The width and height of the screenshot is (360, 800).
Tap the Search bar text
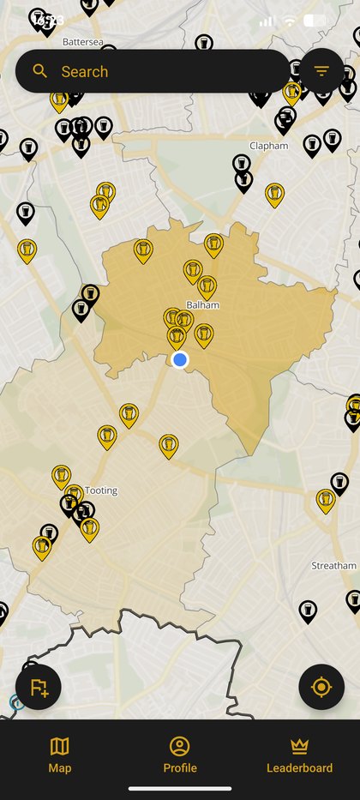[84, 72]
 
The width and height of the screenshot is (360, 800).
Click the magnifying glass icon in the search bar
[40, 71]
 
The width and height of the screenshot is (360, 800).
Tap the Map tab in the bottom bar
[60, 755]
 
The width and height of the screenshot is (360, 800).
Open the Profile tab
[180, 755]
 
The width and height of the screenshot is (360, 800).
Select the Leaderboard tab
[299, 755]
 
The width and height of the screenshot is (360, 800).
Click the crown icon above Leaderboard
[299, 746]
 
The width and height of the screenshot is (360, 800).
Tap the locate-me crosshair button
[321, 687]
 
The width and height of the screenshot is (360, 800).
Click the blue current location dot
[180, 359]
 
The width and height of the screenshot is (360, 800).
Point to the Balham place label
[203, 304]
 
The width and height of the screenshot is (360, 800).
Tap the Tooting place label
[101, 490]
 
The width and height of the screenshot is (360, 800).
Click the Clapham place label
[268, 146]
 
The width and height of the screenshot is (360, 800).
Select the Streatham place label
[333, 566]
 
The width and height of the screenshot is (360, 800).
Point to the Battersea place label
[83, 40]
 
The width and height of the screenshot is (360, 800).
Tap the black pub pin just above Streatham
[339, 484]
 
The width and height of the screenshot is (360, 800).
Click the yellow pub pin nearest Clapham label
[274, 195]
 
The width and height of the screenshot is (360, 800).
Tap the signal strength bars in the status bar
[267, 21]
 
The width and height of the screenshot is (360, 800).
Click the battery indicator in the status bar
[315, 21]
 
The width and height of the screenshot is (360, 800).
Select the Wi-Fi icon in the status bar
[290, 21]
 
